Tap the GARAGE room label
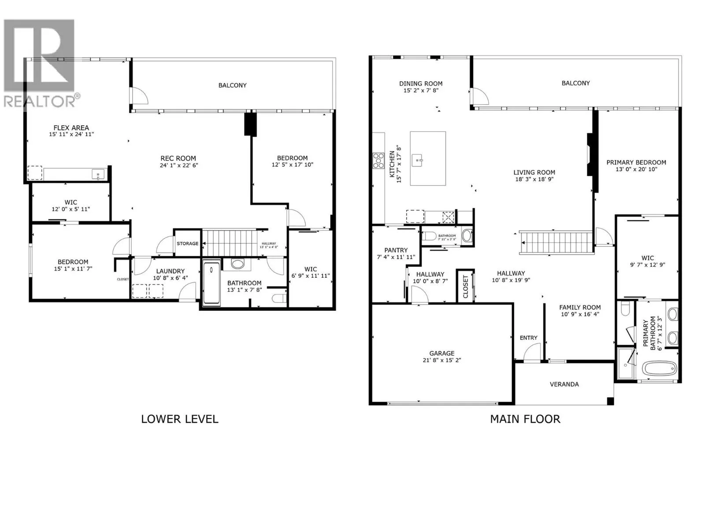(x=442, y=353)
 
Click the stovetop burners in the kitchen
(x=378, y=160)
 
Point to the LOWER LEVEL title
(x=179, y=419)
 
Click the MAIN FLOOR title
(x=525, y=419)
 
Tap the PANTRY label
(x=396, y=250)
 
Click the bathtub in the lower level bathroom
(x=212, y=283)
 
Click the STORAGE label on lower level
(x=187, y=243)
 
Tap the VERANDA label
(x=564, y=384)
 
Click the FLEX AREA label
(x=71, y=127)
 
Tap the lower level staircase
(x=229, y=243)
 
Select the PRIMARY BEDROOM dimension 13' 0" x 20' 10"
(x=636, y=169)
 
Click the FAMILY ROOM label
(x=580, y=307)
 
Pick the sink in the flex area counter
(x=98, y=174)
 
